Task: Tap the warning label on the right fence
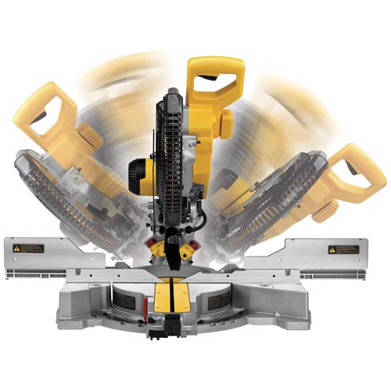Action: [x=342, y=250]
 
